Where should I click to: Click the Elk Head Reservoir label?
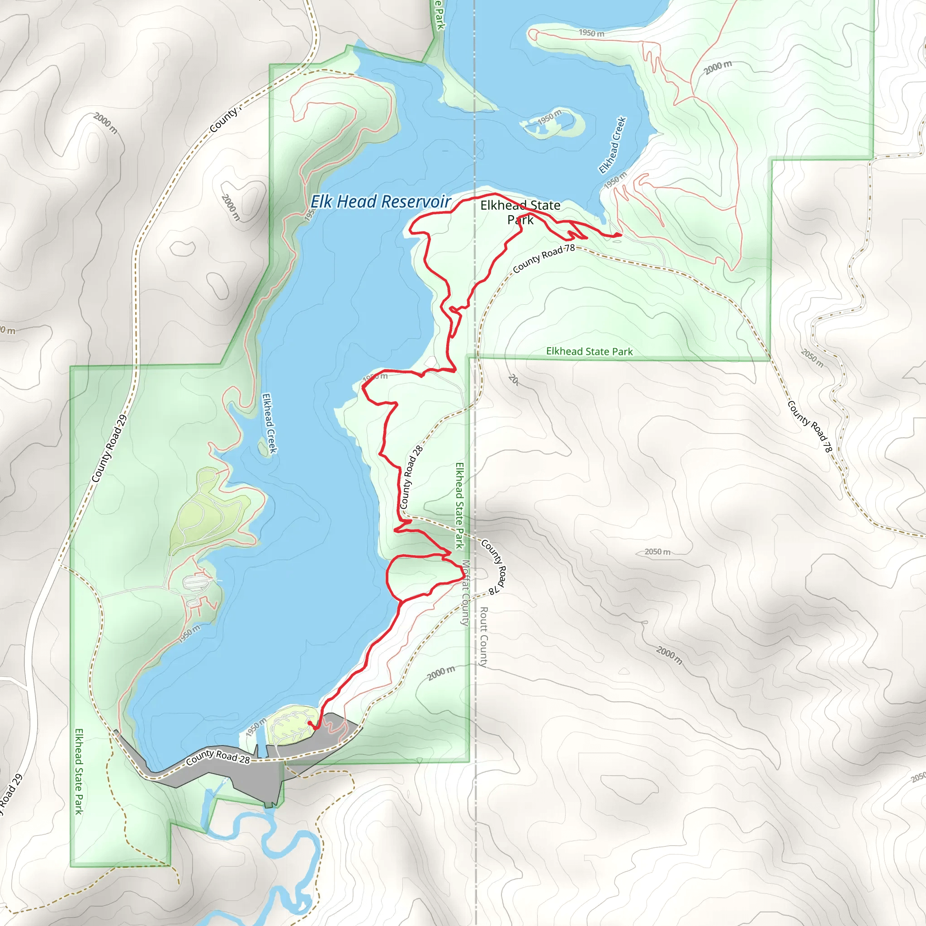pyautogui.click(x=381, y=202)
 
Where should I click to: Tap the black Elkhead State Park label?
pyautogui.click(x=520, y=213)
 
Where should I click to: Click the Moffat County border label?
pyautogui.click(x=465, y=593)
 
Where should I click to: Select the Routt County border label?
pyautogui.click(x=484, y=637)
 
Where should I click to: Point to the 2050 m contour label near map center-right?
pyautogui.click(x=657, y=552)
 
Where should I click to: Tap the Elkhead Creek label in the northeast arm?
pyautogui.click(x=613, y=145)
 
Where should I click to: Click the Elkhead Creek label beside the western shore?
pyautogui.click(x=269, y=423)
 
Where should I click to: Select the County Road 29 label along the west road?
pyautogui.click(x=109, y=449)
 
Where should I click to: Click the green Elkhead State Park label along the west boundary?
pyautogui.click(x=79, y=771)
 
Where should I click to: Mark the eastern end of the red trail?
pyautogui.click(x=621, y=235)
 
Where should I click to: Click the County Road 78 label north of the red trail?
pyautogui.click(x=543, y=258)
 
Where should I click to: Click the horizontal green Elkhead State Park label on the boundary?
pyautogui.click(x=589, y=351)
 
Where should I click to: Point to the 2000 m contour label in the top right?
pyautogui.click(x=718, y=67)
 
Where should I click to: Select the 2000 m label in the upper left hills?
pyautogui.click(x=105, y=123)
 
